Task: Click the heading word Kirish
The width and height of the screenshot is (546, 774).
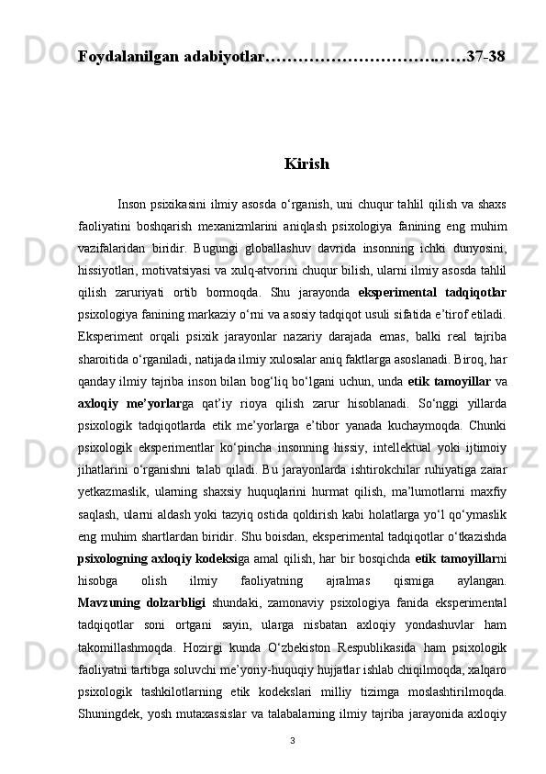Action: (306, 165)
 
